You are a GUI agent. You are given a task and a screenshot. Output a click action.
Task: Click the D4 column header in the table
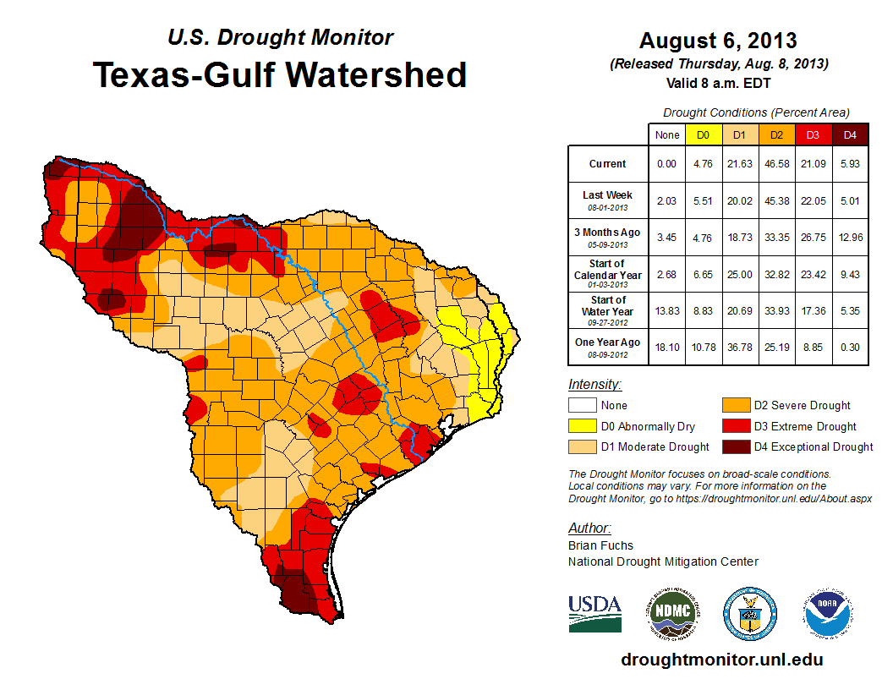coord(850,134)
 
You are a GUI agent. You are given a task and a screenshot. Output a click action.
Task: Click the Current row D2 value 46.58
coord(776,164)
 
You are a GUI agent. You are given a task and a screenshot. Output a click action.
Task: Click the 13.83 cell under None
coord(666,311)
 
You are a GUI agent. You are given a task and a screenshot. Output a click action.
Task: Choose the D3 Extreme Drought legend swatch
coord(735,426)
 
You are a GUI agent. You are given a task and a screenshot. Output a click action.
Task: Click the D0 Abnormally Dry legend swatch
coord(583,426)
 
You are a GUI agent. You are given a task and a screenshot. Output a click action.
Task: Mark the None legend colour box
coord(583,406)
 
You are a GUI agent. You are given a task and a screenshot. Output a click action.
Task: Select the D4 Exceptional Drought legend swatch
coord(735,446)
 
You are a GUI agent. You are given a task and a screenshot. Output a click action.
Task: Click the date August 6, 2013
coord(718,41)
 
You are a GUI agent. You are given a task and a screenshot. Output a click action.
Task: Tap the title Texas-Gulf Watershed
coord(280,74)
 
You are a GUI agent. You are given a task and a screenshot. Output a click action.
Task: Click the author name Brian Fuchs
coord(600,545)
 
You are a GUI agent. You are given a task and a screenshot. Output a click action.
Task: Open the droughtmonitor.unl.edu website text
coord(721,660)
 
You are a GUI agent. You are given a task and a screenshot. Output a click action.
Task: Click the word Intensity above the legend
coord(594,385)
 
